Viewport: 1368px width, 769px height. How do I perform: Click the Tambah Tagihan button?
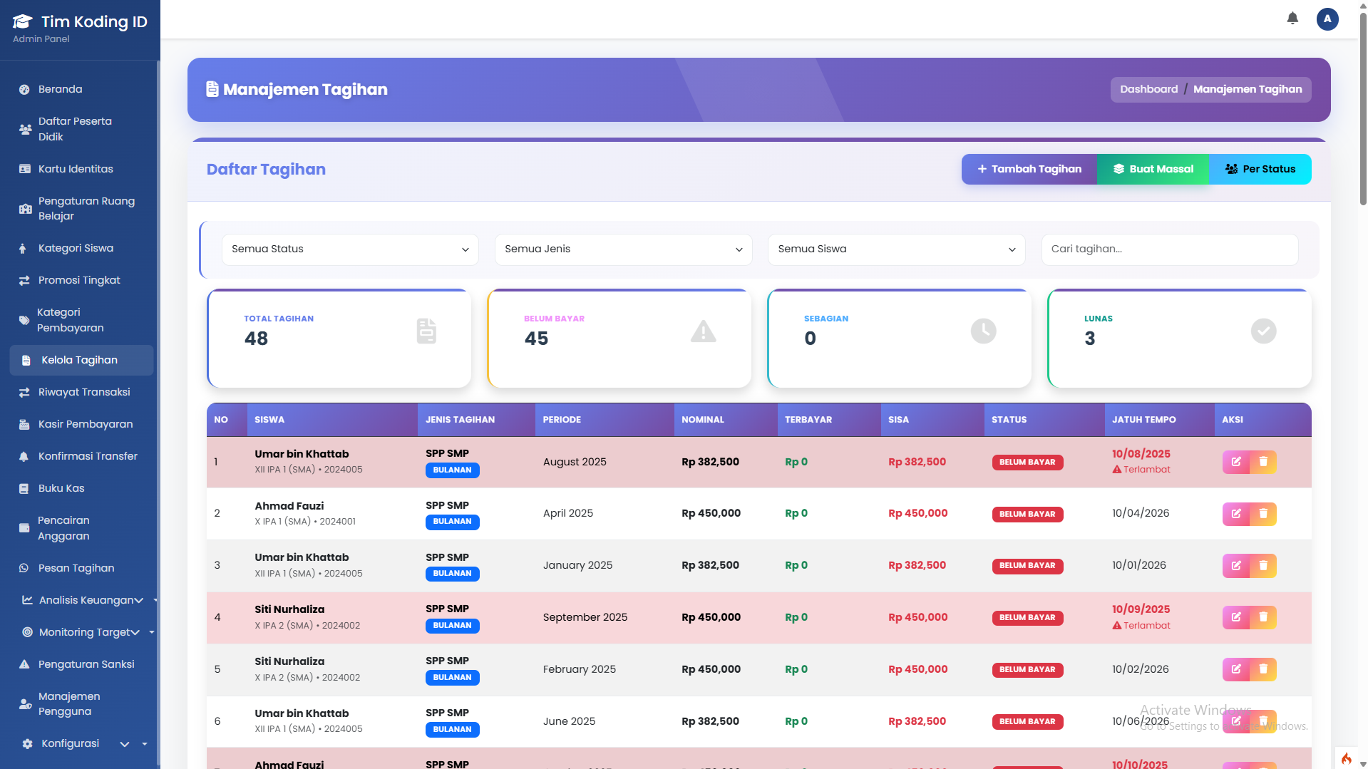tap(1029, 169)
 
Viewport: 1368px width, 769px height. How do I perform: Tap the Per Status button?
tap(1260, 169)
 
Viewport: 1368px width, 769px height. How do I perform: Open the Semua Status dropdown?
tap(349, 249)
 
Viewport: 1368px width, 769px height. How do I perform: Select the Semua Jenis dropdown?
tap(623, 249)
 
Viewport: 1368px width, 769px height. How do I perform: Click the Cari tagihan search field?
tap(1169, 249)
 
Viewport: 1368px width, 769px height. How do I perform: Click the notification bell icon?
tap(1292, 19)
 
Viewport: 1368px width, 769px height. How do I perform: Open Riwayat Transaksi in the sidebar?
tap(83, 392)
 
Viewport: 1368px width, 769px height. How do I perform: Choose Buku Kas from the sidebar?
tap(61, 488)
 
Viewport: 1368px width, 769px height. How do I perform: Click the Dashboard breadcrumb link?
tap(1148, 89)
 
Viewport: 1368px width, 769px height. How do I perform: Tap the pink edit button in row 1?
tap(1236, 462)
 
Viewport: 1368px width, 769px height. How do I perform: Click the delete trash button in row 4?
tap(1263, 617)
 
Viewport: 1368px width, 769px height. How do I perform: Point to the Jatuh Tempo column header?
tap(1143, 420)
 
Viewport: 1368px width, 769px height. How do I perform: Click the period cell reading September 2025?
tap(585, 617)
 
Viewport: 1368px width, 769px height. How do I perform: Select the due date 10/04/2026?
tap(1140, 513)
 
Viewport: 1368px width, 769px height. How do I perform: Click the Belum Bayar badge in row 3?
tap(1027, 566)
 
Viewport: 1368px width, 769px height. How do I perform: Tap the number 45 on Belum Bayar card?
tap(536, 339)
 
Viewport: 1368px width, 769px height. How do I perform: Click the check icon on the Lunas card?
tap(1263, 331)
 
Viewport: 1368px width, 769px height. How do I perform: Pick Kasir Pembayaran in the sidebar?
tap(85, 424)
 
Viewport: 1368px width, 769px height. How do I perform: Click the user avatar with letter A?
tap(1327, 19)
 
